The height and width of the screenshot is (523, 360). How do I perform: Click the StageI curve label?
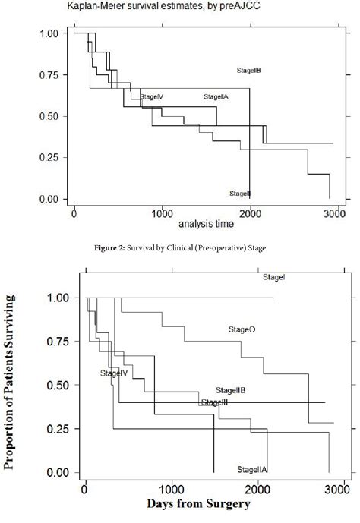(273, 279)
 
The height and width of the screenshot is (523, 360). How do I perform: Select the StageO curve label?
(242, 329)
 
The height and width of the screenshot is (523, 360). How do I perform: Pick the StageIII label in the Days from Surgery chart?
(215, 401)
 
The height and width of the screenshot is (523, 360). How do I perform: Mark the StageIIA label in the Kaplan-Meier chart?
(216, 96)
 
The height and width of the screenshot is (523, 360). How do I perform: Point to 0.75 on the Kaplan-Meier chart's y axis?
(48, 74)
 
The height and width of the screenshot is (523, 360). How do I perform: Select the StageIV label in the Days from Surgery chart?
(113, 373)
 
